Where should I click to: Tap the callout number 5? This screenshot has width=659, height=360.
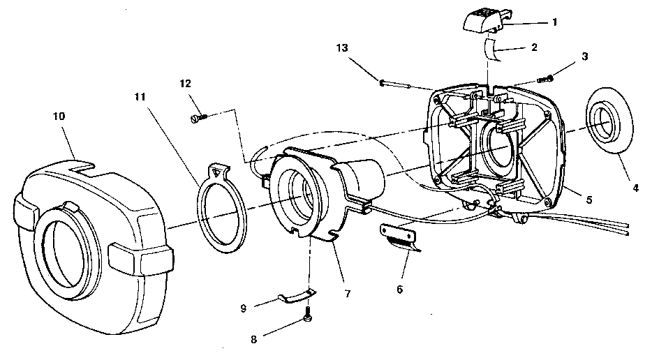pyautogui.click(x=589, y=200)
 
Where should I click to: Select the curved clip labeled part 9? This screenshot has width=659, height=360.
pyautogui.click(x=295, y=297)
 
